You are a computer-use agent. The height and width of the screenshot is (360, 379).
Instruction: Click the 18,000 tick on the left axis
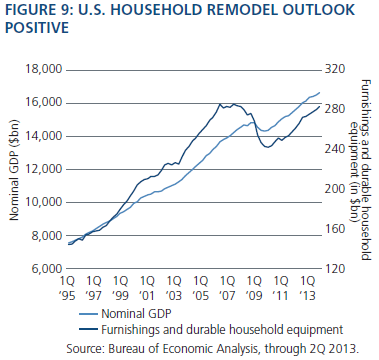click(44, 69)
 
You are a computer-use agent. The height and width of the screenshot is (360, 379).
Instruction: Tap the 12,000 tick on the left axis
click(44, 169)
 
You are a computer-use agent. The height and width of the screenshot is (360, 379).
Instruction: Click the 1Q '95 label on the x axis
click(67, 288)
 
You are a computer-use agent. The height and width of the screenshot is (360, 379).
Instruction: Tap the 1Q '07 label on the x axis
click(228, 288)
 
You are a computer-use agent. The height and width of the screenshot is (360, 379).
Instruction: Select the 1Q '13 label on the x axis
click(308, 288)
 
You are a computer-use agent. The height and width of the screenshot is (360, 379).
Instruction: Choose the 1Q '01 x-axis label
click(147, 288)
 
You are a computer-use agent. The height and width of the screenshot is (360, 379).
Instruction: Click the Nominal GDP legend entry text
click(136, 313)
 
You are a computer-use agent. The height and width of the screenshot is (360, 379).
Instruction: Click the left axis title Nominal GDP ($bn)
click(14, 170)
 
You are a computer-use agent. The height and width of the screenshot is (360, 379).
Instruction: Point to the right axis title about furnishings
click(361, 170)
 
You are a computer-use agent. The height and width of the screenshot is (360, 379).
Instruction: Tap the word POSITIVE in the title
click(37, 27)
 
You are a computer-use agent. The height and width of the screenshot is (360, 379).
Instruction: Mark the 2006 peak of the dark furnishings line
click(220, 104)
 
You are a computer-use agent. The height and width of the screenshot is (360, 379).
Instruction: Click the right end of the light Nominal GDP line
click(320, 92)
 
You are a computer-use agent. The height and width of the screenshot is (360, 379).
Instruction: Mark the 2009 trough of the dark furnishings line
click(268, 147)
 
